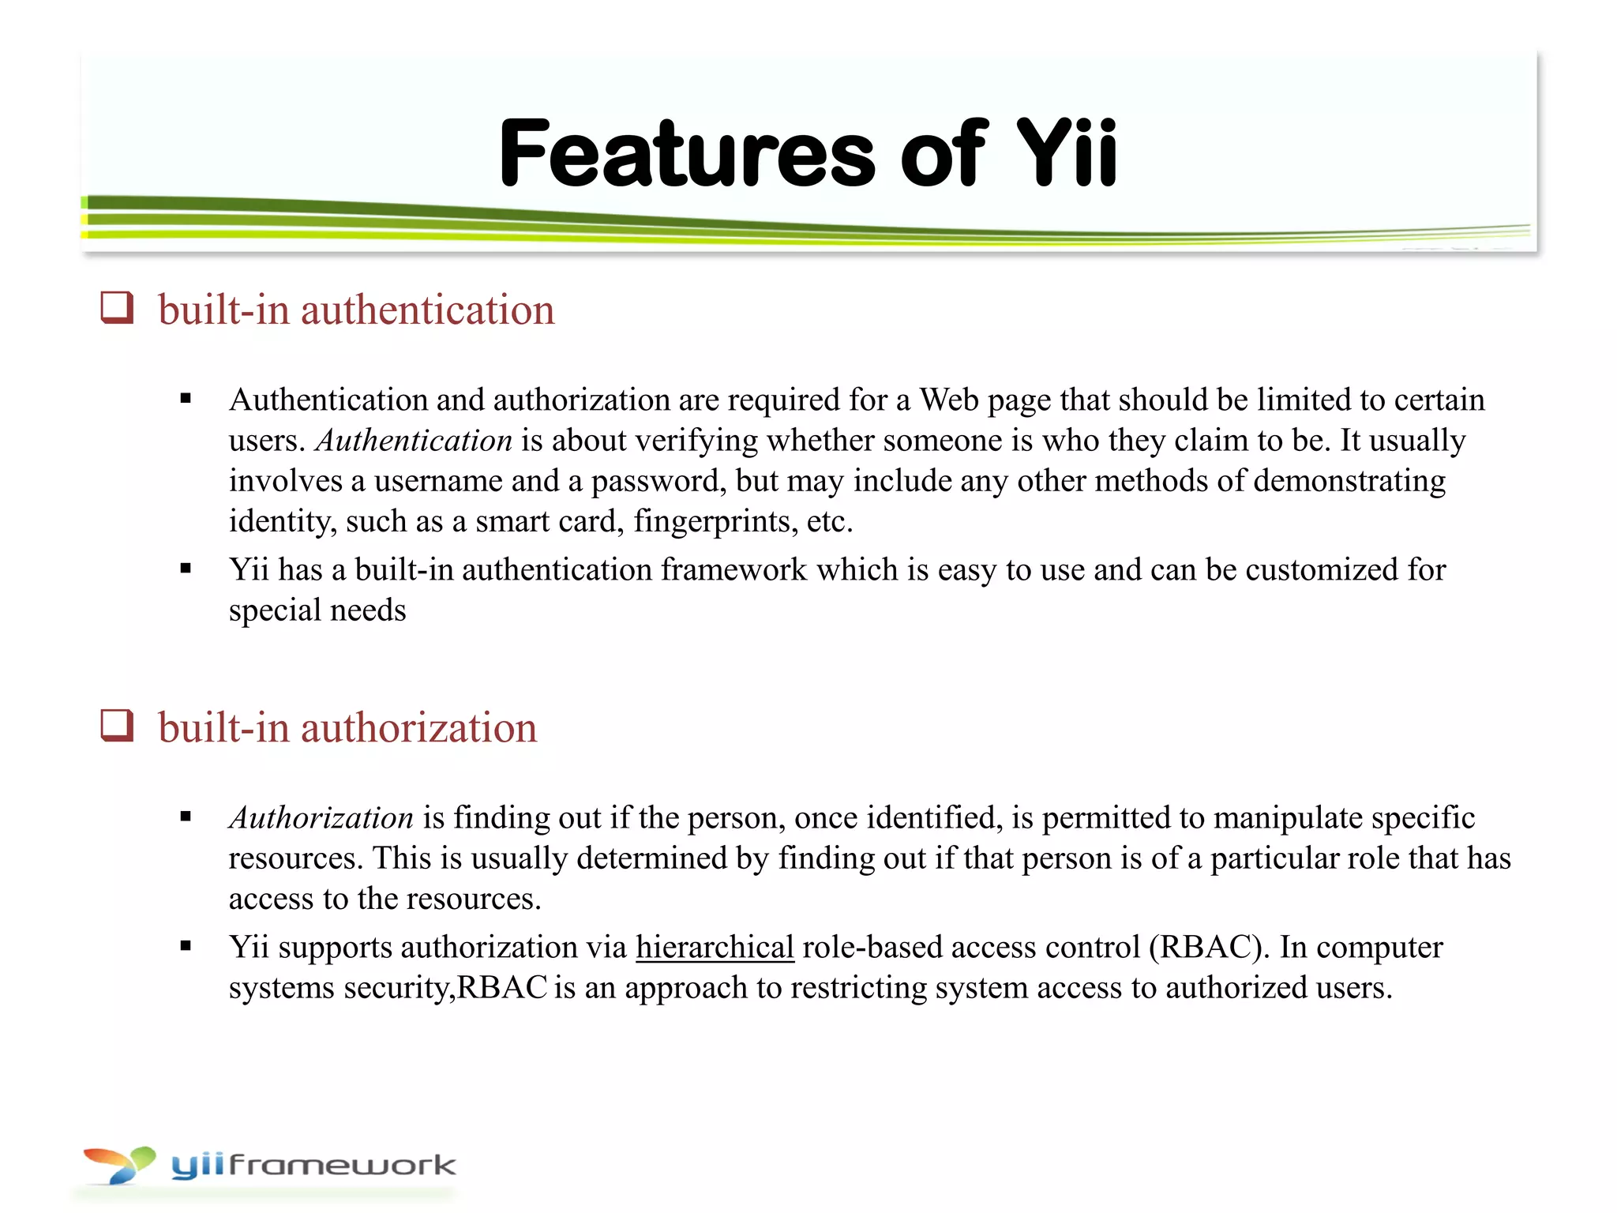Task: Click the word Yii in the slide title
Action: click(1066, 153)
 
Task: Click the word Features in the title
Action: click(687, 153)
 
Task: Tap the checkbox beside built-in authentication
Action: click(117, 307)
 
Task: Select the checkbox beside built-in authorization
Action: click(117, 725)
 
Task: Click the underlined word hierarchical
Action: click(715, 947)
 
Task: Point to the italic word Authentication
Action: click(414, 441)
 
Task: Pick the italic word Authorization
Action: click(321, 818)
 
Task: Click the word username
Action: click(438, 482)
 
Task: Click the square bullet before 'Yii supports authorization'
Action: click(186, 946)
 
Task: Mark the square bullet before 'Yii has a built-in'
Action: click(186, 569)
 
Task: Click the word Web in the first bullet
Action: click(946, 400)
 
